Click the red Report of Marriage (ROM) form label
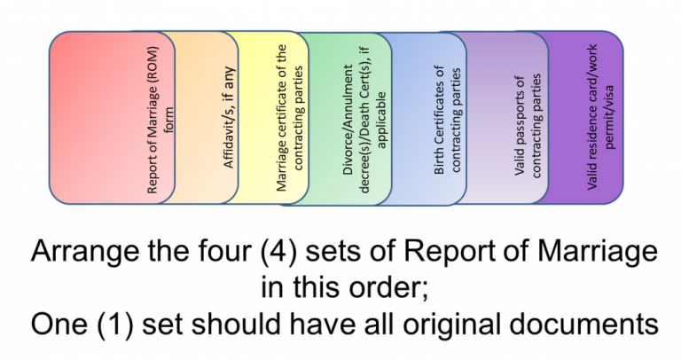click(x=159, y=120)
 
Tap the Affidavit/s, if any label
click(x=229, y=117)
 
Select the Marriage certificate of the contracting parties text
click(x=289, y=118)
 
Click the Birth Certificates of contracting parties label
click(x=447, y=121)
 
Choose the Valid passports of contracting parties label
click(x=528, y=126)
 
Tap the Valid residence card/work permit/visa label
click(x=600, y=117)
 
